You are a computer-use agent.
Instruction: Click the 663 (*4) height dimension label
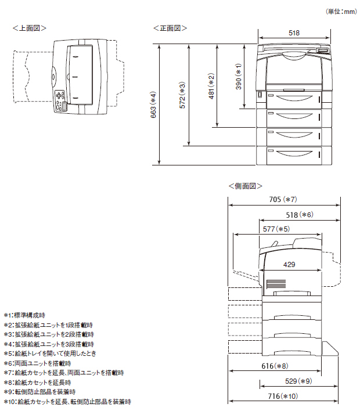[153, 105]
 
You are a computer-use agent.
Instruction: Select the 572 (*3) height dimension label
[182, 96]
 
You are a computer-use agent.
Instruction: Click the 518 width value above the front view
[294, 33]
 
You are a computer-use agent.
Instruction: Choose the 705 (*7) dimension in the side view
[283, 200]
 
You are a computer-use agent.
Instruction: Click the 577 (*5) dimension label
[276, 229]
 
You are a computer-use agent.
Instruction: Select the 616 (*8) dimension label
[275, 366]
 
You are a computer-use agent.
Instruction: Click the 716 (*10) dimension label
[283, 396]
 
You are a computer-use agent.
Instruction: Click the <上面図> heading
[30, 28]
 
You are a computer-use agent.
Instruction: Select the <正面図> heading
[170, 28]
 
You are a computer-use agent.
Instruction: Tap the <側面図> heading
[246, 186]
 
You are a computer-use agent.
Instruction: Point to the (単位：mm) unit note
[341, 11]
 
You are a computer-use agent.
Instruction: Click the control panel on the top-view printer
[60, 100]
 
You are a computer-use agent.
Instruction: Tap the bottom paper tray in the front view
[294, 154]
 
